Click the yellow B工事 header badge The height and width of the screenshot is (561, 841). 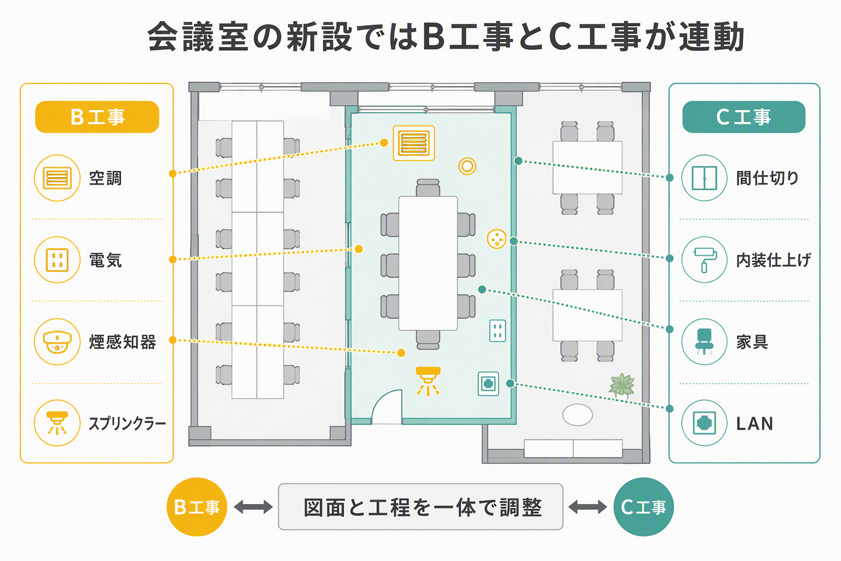tap(97, 117)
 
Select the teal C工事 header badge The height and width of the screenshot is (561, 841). tap(744, 117)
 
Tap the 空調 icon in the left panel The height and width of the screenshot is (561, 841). tap(57, 178)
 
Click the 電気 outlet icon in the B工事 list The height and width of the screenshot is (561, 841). tap(57, 260)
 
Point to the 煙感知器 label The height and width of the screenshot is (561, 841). tap(123, 342)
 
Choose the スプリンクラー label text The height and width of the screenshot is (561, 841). tap(127, 424)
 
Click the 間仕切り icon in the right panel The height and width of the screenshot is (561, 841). tap(704, 178)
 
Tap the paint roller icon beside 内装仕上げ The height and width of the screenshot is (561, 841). tap(704, 260)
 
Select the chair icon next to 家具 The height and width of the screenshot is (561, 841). tap(704, 341)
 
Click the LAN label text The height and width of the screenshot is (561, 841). tap(754, 424)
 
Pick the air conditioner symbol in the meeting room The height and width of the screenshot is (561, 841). tap(414, 143)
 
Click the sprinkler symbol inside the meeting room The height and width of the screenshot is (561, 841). tap(428, 381)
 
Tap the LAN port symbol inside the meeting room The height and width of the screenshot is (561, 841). tap(488, 383)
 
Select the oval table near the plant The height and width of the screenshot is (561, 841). tap(578, 415)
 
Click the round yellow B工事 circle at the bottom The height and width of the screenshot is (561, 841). tap(197, 507)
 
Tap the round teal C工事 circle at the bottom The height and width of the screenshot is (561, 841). tap(643, 507)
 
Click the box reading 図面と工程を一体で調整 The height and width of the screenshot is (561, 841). tap(420, 507)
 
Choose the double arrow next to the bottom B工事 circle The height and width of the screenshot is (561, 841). tap(254, 507)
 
